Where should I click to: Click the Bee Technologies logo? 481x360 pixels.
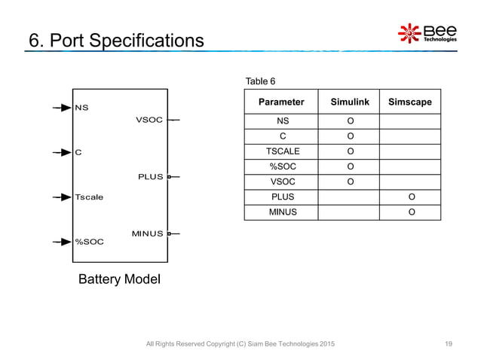coord(427,33)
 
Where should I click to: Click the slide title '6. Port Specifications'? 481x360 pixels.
coord(115,39)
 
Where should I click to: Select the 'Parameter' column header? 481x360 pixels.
coord(281,102)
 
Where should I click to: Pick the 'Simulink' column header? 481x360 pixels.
coord(350,102)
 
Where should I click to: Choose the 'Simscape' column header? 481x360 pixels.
coord(410,102)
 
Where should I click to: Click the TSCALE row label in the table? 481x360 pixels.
coord(281,151)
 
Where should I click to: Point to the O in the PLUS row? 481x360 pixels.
coord(411,197)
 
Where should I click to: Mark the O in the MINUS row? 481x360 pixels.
coord(411,212)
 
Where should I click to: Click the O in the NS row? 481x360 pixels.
coord(350,121)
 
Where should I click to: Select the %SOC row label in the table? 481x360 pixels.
coord(281,166)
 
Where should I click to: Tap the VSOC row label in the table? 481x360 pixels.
coord(281,182)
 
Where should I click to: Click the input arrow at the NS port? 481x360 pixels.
coord(62,108)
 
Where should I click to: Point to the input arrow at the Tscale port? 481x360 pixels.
coord(62,197)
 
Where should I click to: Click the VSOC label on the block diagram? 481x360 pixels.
coord(149,120)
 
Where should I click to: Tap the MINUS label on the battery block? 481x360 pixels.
coord(147,233)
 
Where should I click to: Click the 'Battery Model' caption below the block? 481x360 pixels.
coord(120,280)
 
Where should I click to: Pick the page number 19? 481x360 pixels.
coord(449,344)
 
